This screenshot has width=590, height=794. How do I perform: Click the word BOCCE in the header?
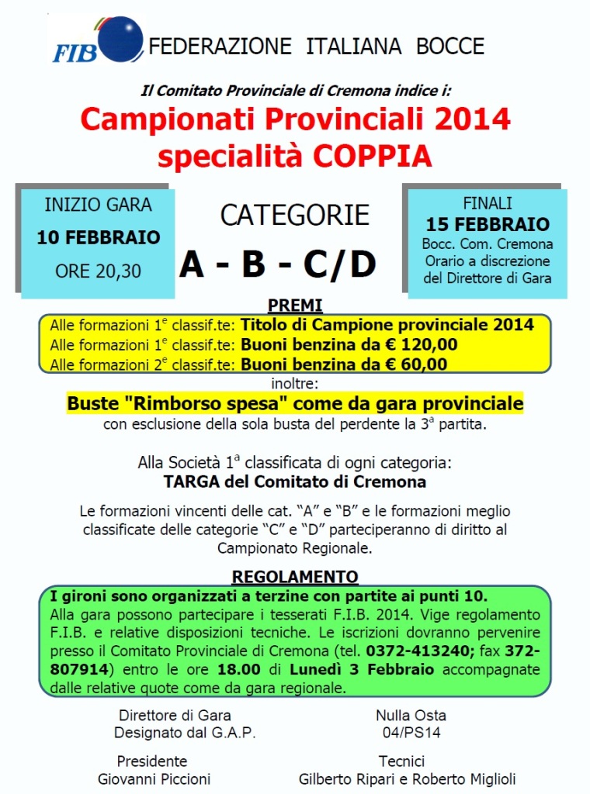coord(450,46)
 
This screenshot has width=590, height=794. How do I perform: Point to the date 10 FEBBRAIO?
coord(99,237)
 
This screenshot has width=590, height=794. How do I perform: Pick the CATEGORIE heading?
coord(295,216)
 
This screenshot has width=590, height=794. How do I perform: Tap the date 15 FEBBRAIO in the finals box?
coord(488,225)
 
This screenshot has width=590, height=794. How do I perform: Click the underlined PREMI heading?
coord(295,305)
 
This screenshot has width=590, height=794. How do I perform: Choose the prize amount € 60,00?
coord(414,364)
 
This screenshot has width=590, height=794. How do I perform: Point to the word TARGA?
coord(189,482)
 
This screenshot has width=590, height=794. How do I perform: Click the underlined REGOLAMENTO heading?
coord(295,577)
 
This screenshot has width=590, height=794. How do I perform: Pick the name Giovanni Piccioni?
coord(154,779)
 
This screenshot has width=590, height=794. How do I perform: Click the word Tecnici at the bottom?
coord(401,761)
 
